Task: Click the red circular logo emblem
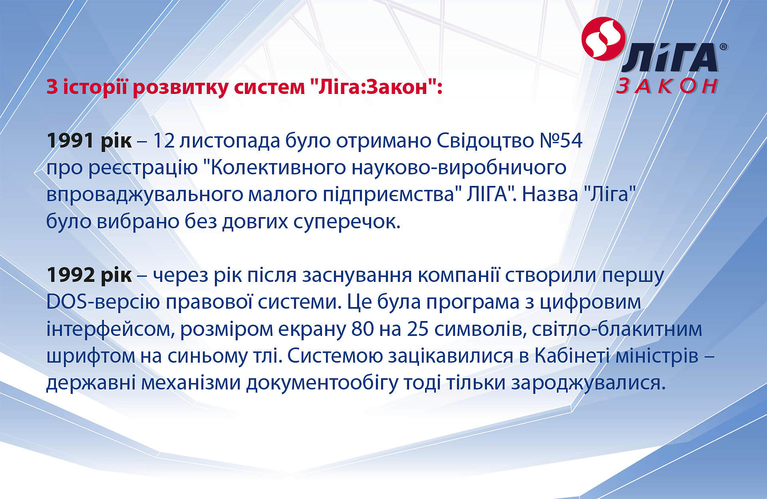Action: [603, 39]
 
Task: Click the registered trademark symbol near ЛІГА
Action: [723, 47]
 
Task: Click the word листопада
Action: [229, 141]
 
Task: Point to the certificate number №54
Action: [561, 140]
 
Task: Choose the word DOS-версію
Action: [103, 301]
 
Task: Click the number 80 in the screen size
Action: [363, 329]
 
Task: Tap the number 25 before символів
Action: [418, 329]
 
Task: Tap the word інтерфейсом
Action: [111, 329]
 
